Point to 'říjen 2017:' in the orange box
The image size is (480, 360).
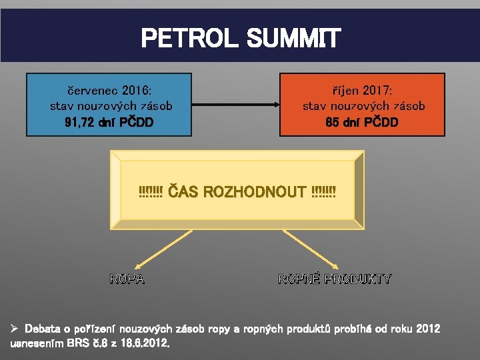363,89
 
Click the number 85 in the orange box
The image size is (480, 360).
333,123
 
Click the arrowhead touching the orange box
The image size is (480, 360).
275,104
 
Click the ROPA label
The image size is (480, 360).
127,279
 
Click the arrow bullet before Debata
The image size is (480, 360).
15,329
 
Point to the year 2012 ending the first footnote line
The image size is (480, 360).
427,329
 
